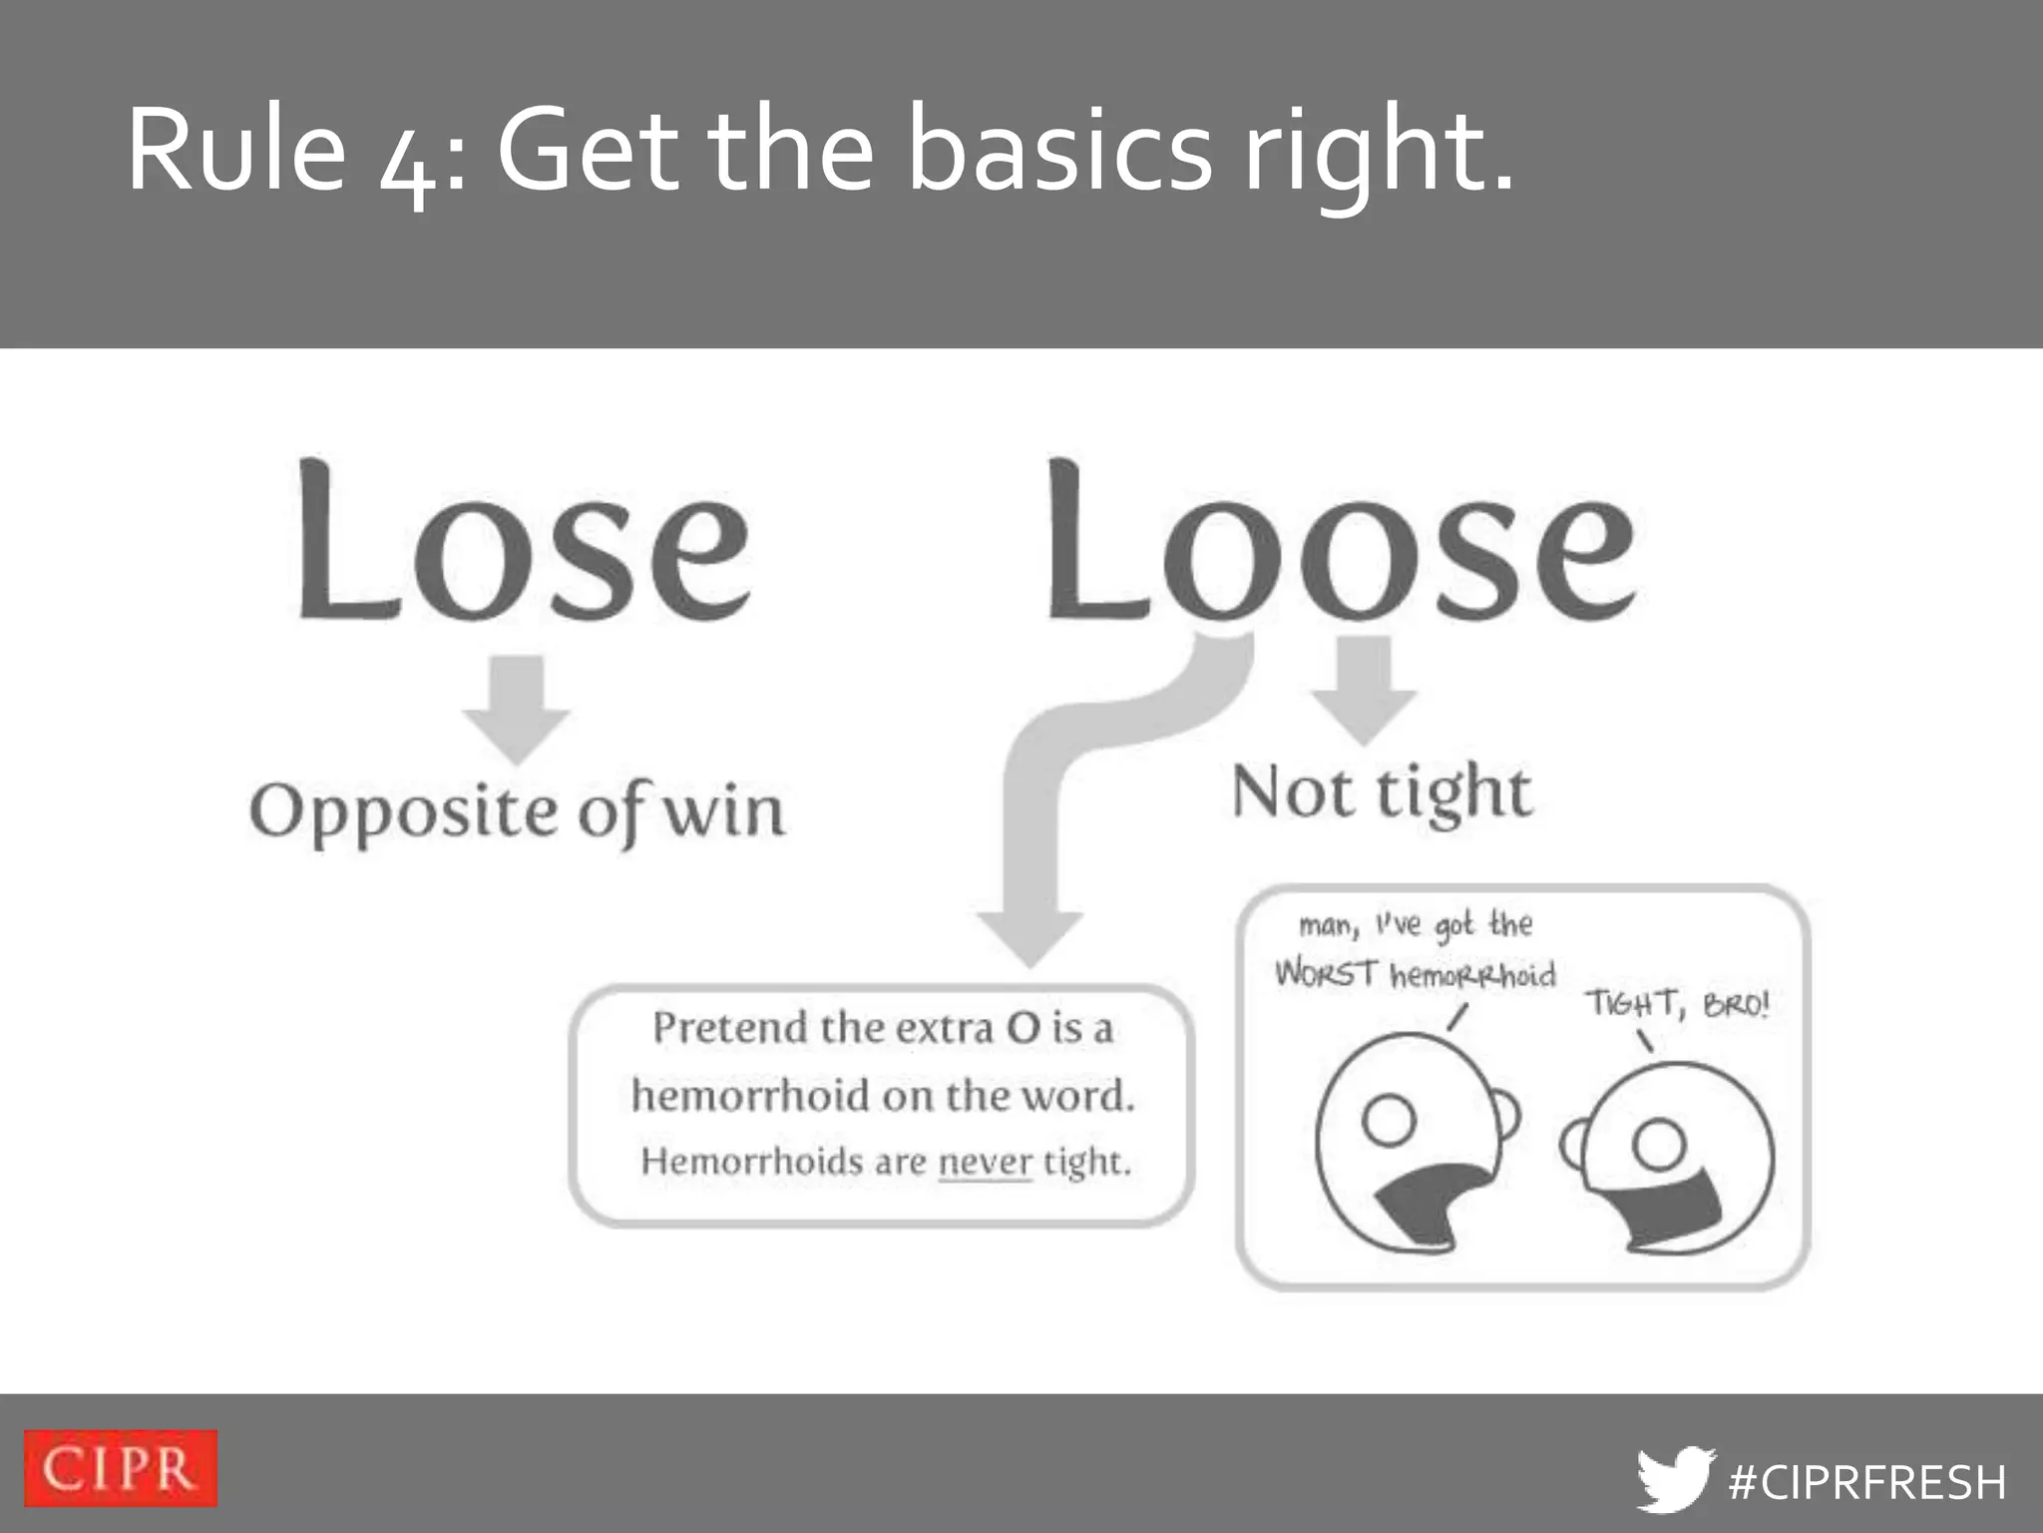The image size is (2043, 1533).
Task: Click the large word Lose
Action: (524, 544)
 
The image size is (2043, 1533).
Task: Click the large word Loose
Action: (1342, 544)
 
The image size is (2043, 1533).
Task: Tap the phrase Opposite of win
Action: (517, 810)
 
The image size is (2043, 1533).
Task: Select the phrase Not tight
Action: (1382, 793)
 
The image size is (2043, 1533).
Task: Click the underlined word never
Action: (985, 1162)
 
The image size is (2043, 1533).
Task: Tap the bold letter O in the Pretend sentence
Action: (1022, 1028)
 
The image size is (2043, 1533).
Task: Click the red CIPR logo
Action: (120, 1467)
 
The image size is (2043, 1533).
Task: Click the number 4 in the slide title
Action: (409, 165)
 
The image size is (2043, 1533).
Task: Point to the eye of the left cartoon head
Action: (1389, 1120)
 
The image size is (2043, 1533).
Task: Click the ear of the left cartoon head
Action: (1507, 1115)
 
